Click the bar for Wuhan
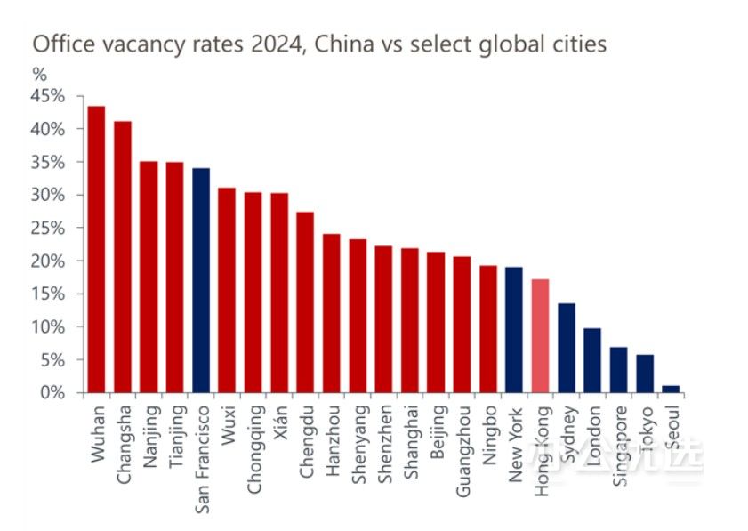pyautogui.click(x=96, y=249)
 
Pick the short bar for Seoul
pyautogui.click(x=671, y=389)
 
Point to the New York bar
pyautogui.click(x=514, y=329)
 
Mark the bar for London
pyautogui.click(x=592, y=360)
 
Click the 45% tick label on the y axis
pyautogui.click(x=48, y=96)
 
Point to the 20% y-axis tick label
pyautogui.click(x=48, y=261)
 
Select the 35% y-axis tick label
pyautogui.click(x=48, y=162)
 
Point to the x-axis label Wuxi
pyautogui.click(x=227, y=424)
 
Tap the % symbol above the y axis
pyautogui.click(x=39, y=73)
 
